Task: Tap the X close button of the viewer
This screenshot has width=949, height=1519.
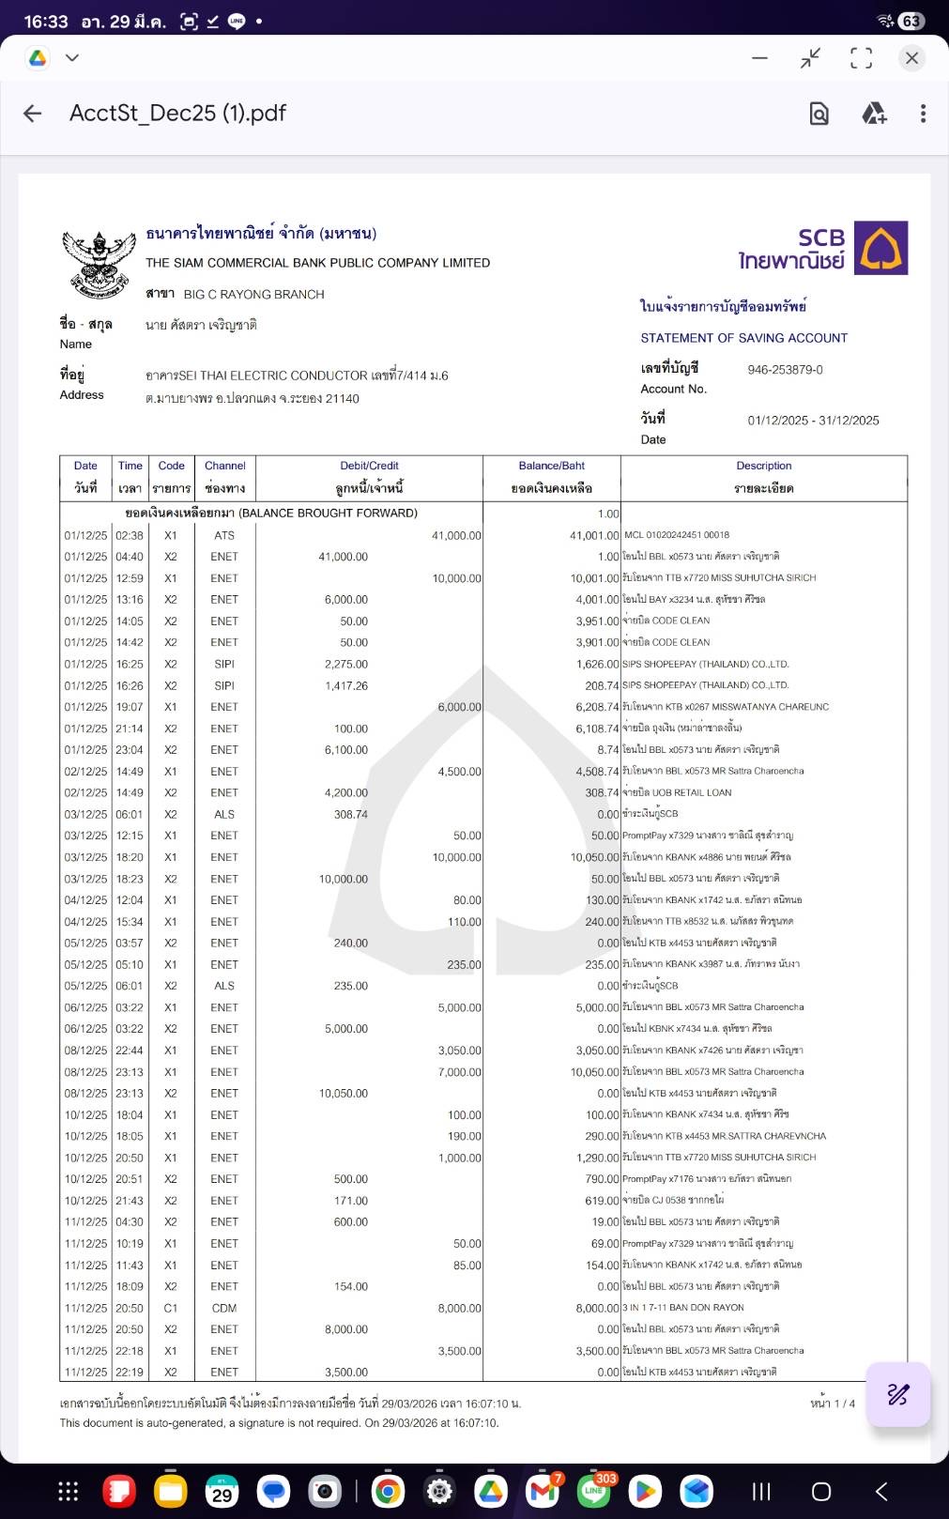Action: [x=911, y=58]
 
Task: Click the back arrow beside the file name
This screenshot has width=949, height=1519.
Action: [x=33, y=114]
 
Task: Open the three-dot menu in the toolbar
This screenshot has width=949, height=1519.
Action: [x=923, y=114]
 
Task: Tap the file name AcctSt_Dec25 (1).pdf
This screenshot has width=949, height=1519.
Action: [x=177, y=114]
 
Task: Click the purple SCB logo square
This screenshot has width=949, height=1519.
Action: [x=880, y=248]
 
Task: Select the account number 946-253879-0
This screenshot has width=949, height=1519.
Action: [x=785, y=370]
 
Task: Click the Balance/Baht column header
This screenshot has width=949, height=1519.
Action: [x=551, y=467]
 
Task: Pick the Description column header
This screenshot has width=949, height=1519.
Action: [x=763, y=467]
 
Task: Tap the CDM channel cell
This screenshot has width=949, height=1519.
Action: [x=224, y=1308]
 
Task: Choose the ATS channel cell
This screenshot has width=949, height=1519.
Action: [x=224, y=535]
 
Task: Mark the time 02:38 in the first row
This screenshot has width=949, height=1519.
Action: [x=130, y=535]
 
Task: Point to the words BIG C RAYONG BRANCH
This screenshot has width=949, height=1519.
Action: [x=253, y=295]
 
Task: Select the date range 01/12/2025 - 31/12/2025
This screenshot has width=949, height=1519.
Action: [x=813, y=421]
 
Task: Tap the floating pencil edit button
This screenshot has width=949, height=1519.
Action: [x=897, y=1394]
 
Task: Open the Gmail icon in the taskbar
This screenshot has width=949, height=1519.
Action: [x=543, y=1491]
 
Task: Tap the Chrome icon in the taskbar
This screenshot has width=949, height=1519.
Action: [x=388, y=1491]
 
